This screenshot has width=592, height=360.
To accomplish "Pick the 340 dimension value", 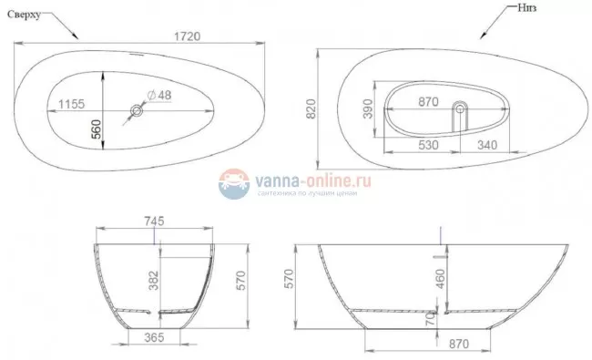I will tap(488, 144).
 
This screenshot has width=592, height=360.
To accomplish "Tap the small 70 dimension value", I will tap(430, 319).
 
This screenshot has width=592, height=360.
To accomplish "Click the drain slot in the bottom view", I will tap(459, 114).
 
